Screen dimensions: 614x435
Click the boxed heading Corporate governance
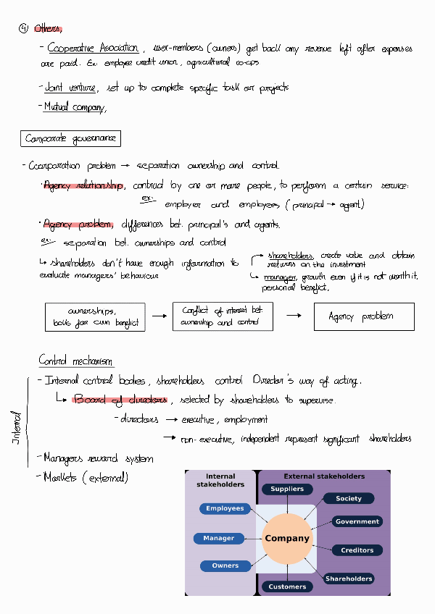[x=70, y=138]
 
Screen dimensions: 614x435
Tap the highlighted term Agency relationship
[x=83, y=185]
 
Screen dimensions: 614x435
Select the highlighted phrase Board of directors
[x=120, y=400]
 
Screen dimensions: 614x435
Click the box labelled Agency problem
[x=363, y=316]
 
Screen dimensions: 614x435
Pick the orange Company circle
[x=287, y=538]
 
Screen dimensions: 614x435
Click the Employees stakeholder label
[x=225, y=508]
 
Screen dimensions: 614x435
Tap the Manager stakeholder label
[x=218, y=538]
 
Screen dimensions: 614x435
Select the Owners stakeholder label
[x=225, y=565]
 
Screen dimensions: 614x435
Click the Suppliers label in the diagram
[x=287, y=489]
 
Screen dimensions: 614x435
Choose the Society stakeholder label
[x=348, y=498]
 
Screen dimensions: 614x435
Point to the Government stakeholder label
[x=357, y=521]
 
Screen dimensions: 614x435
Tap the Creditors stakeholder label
[x=357, y=550]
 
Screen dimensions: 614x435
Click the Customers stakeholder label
[x=287, y=586]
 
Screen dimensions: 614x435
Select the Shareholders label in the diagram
[x=348, y=579]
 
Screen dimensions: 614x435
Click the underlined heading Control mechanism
[x=75, y=361]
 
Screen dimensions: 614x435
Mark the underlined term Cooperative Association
[x=93, y=49]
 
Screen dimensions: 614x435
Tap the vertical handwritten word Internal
[x=16, y=427]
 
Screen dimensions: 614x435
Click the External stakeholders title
[x=324, y=476]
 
